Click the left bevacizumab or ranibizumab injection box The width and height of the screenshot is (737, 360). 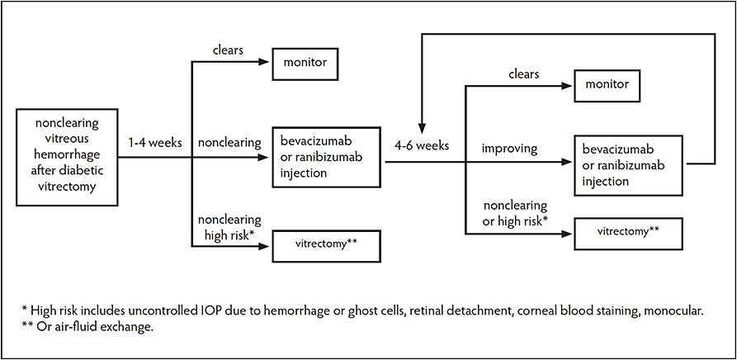point(328,154)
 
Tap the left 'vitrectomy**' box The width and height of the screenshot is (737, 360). point(327,244)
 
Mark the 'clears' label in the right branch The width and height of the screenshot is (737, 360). point(524,74)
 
